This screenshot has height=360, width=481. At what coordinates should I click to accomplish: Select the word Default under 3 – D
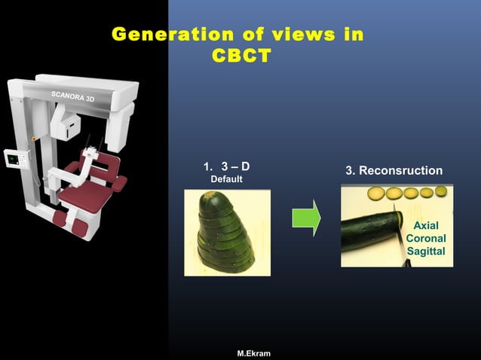[x=226, y=179]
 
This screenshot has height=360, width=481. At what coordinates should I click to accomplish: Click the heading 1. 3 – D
[x=226, y=166]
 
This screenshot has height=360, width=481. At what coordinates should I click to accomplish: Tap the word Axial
[x=426, y=225]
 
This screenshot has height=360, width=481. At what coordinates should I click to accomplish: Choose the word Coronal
[x=426, y=238]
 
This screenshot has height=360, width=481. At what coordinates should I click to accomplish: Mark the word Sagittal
[x=426, y=251]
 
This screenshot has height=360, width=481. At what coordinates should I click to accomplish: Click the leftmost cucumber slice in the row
[x=374, y=193]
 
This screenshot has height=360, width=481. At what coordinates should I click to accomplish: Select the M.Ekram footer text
[x=253, y=353]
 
